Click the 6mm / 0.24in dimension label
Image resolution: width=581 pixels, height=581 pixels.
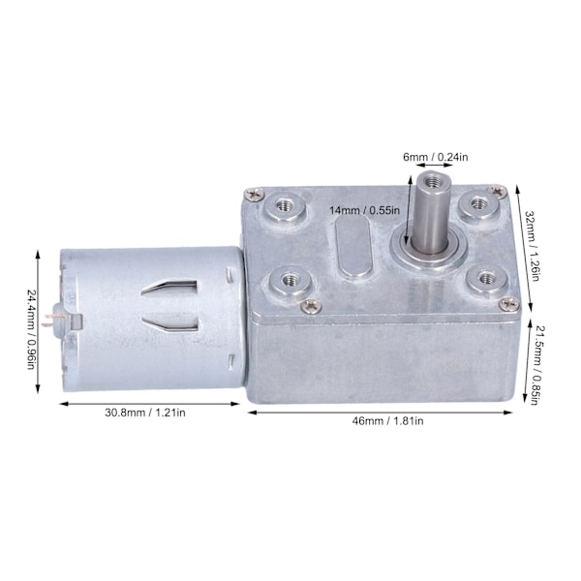click(x=436, y=157)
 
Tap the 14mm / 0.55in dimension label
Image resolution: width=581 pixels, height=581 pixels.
click(x=365, y=210)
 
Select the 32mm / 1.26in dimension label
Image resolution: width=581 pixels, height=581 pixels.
click(x=532, y=246)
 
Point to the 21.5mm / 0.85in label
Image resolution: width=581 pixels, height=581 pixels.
click(x=538, y=365)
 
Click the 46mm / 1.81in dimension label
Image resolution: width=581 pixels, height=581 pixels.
click(x=387, y=421)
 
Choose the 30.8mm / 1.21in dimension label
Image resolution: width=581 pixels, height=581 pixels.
click(x=145, y=413)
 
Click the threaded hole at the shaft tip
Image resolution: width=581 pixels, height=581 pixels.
click(x=430, y=182)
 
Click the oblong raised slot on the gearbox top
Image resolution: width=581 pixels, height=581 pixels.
click(x=353, y=247)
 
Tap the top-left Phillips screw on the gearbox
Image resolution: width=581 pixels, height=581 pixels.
click(x=255, y=194)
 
